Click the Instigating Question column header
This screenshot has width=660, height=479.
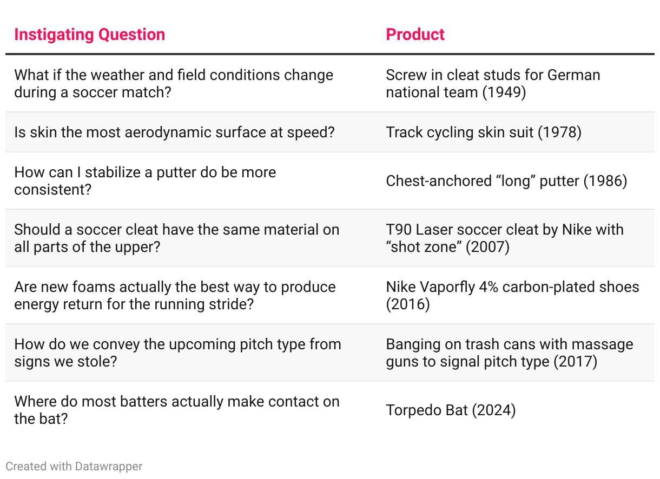point(90,35)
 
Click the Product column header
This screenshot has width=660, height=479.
point(415,35)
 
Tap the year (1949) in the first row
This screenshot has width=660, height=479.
point(504,92)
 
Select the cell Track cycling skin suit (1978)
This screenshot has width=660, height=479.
point(484,132)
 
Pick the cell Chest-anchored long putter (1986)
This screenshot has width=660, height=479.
point(506,181)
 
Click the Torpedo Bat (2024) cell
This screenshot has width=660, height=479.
point(451,410)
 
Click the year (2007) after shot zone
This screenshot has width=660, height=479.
point(487,247)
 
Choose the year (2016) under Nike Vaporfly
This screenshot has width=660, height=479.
point(408,304)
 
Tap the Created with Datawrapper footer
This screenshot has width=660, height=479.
point(74,467)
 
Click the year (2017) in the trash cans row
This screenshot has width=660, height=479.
point(576,362)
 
